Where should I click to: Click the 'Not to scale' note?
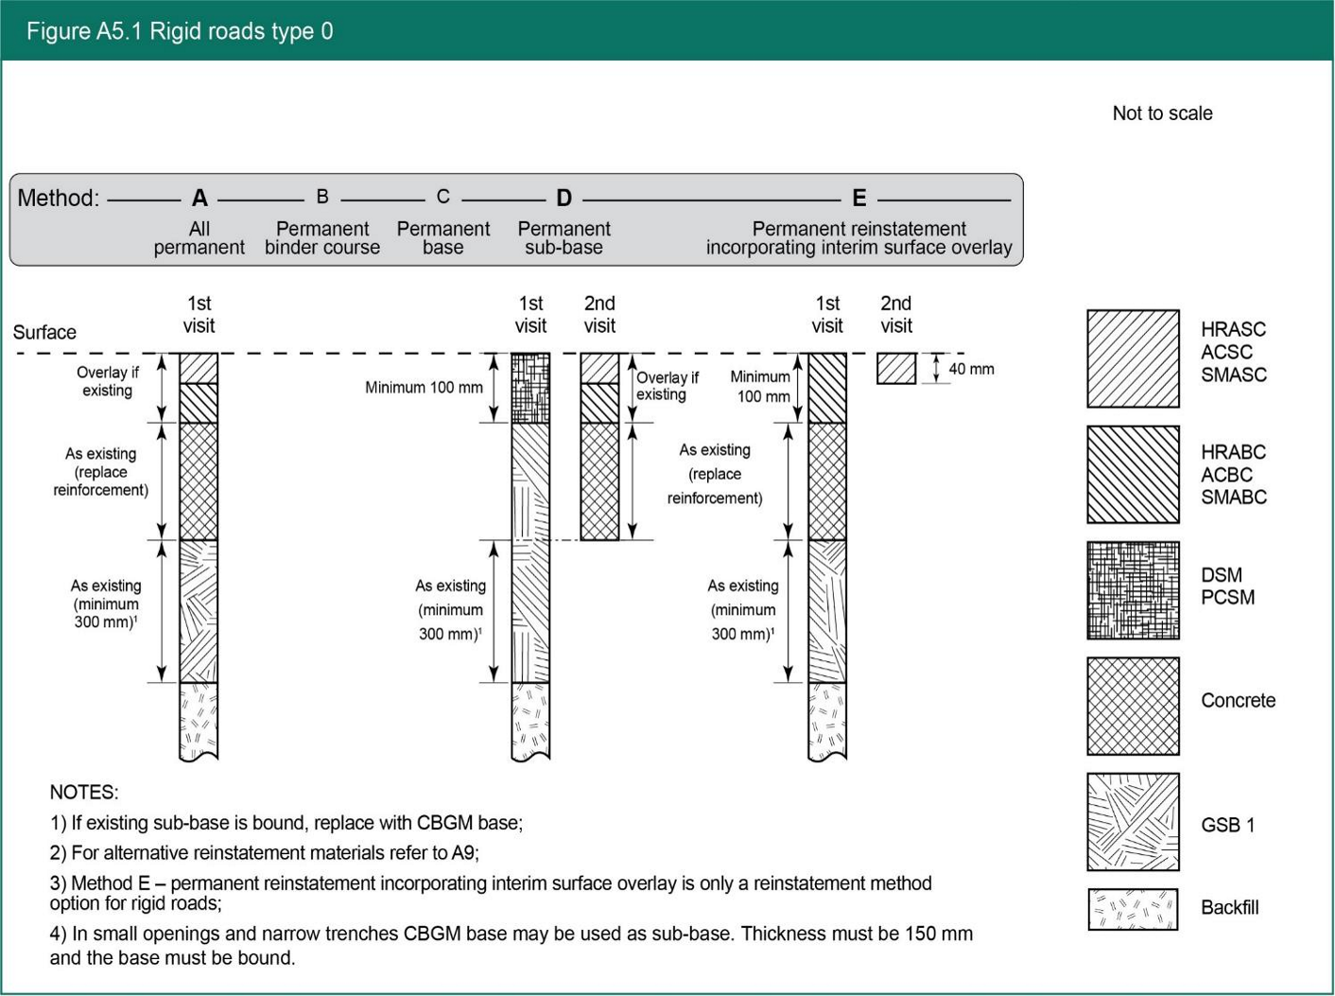click(x=1162, y=114)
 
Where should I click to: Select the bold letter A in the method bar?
click(x=199, y=198)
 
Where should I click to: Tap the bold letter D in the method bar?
click(x=563, y=198)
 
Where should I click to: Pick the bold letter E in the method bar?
click(x=858, y=198)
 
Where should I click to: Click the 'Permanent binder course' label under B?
click(x=322, y=238)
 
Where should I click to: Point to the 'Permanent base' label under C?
click(x=443, y=238)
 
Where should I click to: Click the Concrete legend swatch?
click(x=1133, y=706)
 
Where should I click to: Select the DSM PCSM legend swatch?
click(x=1133, y=590)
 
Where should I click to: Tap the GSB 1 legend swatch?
click(x=1133, y=822)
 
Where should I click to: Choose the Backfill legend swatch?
click(x=1133, y=909)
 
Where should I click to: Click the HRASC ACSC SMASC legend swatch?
click(x=1133, y=358)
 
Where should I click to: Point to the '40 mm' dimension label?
click(x=971, y=369)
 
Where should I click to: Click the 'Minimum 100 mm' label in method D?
click(x=424, y=387)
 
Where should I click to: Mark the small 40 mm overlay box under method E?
click(x=895, y=368)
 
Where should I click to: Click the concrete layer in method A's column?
click(x=199, y=481)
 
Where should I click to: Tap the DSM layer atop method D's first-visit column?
click(x=530, y=388)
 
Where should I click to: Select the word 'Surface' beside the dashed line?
click(x=44, y=333)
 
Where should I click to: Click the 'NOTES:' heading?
click(x=84, y=793)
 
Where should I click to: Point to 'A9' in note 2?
click(x=463, y=853)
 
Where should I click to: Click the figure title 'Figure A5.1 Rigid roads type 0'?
click(x=180, y=31)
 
